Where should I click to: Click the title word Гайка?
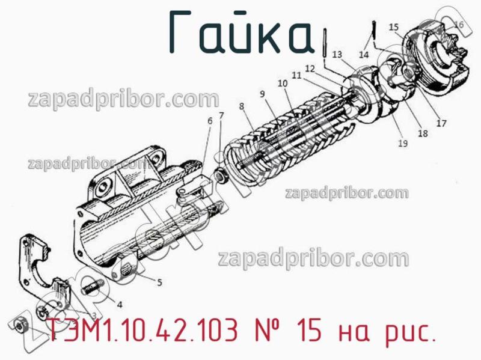click(240, 31)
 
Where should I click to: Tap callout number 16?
click(459, 25)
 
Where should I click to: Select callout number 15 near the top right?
click(394, 27)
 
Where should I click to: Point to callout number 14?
click(364, 55)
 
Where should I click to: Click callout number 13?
click(336, 55)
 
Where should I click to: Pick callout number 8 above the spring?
click(241, 107)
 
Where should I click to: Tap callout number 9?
click(262, 94)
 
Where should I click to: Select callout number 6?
click(210, 121)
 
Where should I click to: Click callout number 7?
click(221, 115)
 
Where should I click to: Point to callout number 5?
click(159, 281)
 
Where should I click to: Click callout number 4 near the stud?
click(120, 304)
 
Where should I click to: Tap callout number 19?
click(402, 143)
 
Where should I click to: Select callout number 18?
click(423, 133)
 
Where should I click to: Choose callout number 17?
click(441, 124)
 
